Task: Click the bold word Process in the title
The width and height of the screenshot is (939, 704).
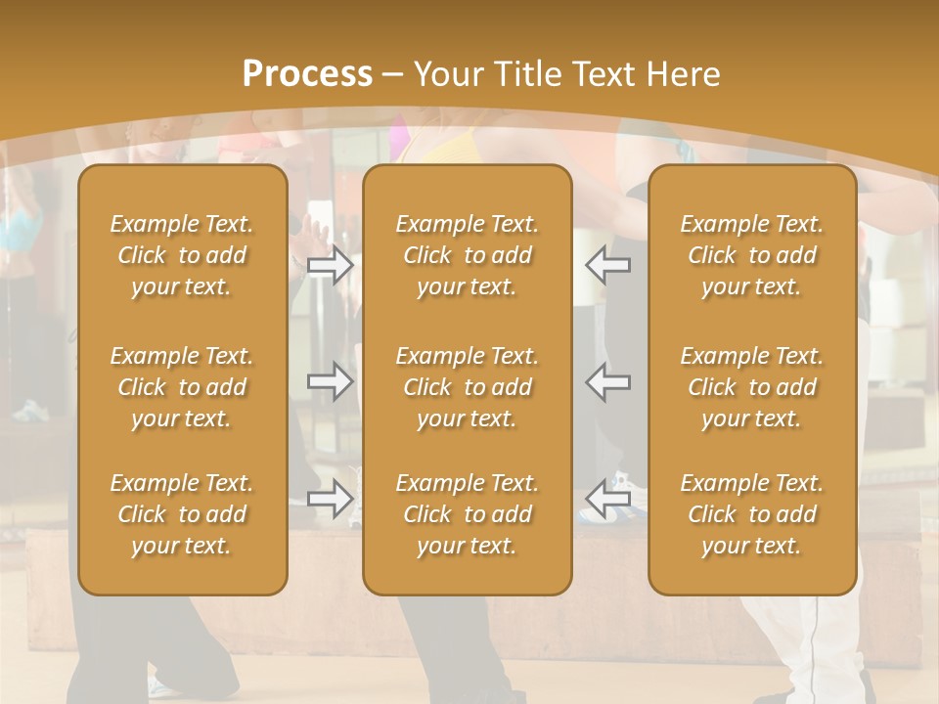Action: [x=307, y=74]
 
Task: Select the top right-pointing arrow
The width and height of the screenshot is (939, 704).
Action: [x=331, y=265]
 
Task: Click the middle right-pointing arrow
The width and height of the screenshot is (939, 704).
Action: [x=331, y=380]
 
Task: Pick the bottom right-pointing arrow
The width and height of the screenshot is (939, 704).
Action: [x=331, y=500]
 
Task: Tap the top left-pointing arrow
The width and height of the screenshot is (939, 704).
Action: [x=607, y=265]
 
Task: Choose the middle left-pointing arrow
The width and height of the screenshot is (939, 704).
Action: [x=607, y=380]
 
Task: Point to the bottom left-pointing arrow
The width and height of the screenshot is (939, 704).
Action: [x=607, y=500]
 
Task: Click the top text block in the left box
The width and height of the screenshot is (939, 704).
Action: [x=182, y=255]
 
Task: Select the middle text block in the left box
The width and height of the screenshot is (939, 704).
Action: [x=182, y=387]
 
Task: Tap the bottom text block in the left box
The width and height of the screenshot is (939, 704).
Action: [x=182, y=514]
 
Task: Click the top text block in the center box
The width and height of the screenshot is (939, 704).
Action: [x=467, y=255]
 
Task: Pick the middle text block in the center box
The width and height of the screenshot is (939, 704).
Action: [x=467, y=387]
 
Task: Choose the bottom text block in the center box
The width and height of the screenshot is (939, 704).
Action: [x=467, y=514]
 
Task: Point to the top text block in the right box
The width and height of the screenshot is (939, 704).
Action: [x=751, y=255]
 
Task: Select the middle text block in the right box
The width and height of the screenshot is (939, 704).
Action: [x=751, y=387]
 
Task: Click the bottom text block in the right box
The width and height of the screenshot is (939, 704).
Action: [x=751, y=514]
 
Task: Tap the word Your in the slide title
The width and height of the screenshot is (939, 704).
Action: [x=446, y=74]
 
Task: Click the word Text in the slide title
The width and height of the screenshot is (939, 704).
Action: [x=599, y=74]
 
